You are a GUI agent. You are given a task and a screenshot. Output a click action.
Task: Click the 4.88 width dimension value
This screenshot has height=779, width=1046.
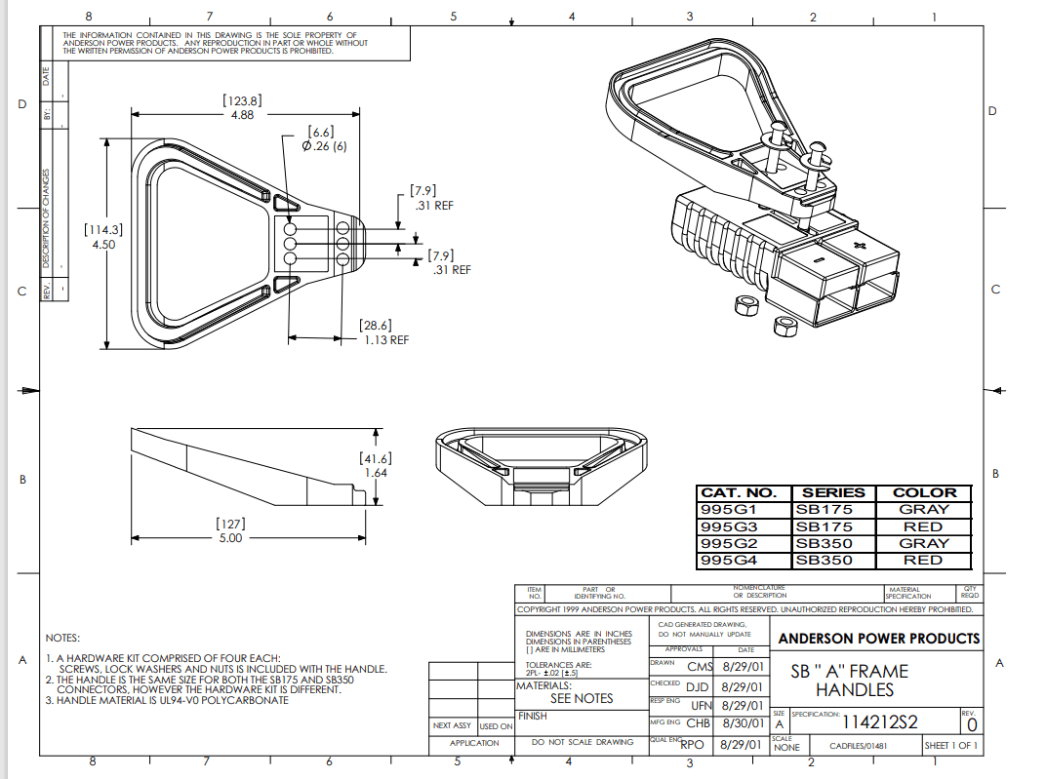242,114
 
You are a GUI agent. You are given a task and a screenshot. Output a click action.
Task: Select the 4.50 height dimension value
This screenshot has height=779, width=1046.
103,245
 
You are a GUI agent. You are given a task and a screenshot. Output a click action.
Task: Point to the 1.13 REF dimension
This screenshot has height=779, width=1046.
385,340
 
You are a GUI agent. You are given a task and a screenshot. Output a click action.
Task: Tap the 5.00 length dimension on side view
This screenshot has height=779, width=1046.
229,537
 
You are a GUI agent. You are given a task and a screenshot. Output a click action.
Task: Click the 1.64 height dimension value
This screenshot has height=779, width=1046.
376,473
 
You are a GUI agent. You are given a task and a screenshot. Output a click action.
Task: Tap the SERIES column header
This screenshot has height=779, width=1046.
833,493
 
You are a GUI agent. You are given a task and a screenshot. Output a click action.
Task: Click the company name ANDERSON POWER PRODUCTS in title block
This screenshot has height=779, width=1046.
878,639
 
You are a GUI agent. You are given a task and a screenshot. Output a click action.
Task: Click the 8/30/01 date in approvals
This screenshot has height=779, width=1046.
741,723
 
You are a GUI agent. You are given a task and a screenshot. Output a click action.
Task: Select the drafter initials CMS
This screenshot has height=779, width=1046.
700,667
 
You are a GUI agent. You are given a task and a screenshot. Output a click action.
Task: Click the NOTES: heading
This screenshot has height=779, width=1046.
62,638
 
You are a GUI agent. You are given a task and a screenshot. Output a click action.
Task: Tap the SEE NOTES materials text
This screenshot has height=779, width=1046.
582,698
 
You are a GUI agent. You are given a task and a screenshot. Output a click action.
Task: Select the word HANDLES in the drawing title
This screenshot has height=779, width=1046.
854,690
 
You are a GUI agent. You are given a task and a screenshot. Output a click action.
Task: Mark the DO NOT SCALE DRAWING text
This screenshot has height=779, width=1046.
582,743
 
